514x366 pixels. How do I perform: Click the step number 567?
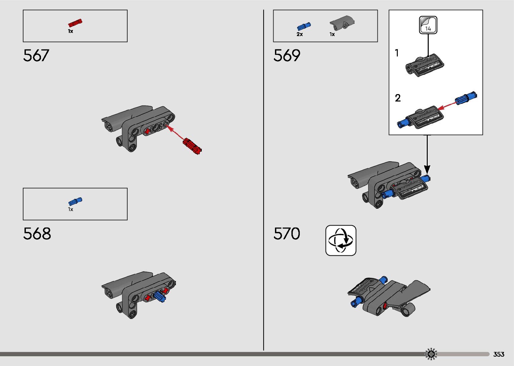[x=36, y=55]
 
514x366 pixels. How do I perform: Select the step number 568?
[x=37, y=234]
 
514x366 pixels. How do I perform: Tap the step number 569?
[x=287, y=55]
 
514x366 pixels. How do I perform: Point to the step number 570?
[x=287, y=234]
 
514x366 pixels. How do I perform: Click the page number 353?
[x=499, y=354]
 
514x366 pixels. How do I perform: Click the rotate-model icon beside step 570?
[x=341, y=240]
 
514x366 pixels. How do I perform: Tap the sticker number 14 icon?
[x=428, y=25]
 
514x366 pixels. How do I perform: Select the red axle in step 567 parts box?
[x=75, y=23]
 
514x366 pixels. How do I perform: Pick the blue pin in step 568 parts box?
[x=75, y=201]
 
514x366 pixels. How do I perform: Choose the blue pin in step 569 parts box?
[x=304, y=26]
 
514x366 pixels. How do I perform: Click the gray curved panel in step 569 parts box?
[x=342, y=23]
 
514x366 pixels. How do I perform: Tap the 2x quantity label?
[x=299, y=34]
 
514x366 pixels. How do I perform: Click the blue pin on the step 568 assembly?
[x=159, y=296]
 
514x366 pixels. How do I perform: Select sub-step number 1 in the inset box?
[x=397, y=53]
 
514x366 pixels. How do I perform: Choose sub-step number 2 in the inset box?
[x=398, y=98]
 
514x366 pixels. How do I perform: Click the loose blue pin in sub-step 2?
[x=466, y=98]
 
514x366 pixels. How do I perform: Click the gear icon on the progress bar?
[x=431, y=354]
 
